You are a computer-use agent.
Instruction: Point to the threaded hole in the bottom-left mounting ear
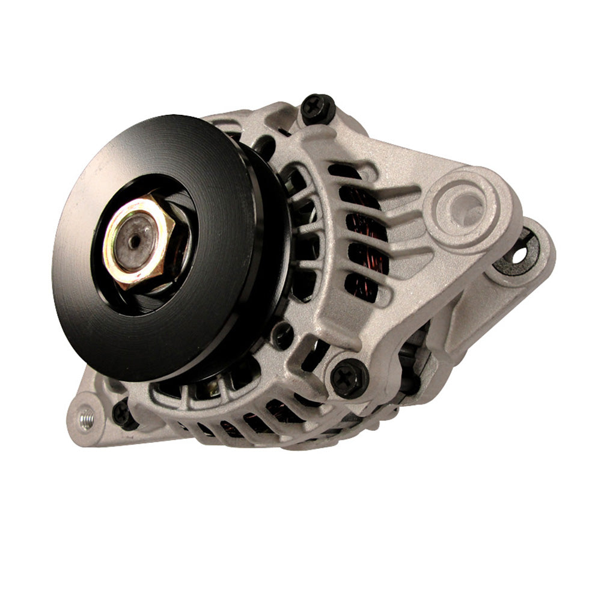[86, 416]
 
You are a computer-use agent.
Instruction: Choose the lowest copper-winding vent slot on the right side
[365, 287]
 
